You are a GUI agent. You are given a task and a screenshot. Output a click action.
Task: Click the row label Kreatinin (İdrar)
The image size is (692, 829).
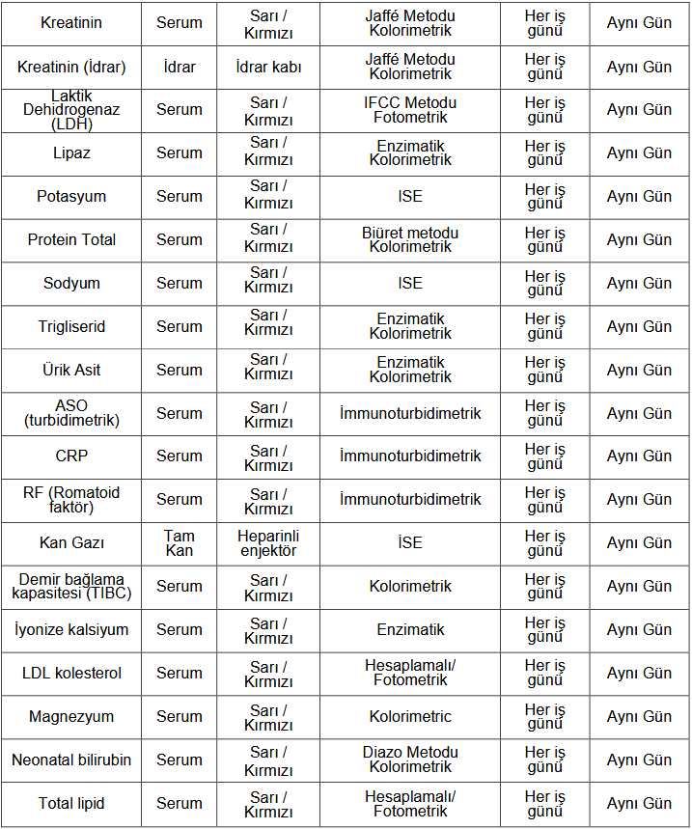[x=71, y=68]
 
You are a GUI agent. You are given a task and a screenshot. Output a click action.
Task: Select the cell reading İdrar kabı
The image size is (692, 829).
[x=268, y=68]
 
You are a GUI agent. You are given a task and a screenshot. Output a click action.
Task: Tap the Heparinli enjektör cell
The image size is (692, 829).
[x=268, y=543]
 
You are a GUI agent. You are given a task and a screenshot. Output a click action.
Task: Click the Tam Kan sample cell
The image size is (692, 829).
[x=179, y=543]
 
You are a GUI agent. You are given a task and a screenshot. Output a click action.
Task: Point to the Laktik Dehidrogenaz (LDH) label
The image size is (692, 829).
[x=71, y=110]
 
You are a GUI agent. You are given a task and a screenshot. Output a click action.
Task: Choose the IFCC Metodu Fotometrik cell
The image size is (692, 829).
[x=410, y=110]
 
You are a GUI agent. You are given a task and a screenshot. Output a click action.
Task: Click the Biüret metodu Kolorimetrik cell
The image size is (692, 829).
[x=410, y=240]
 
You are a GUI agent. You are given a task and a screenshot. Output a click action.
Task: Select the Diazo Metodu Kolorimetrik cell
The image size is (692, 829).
[x=410, y=760]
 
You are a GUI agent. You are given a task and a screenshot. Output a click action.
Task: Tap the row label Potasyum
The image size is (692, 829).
[x=71, y=197]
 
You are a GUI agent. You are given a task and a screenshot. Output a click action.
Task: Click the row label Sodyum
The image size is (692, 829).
[x=71, y=284]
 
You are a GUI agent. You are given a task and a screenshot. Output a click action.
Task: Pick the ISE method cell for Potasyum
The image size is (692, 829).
[x=410, y=197]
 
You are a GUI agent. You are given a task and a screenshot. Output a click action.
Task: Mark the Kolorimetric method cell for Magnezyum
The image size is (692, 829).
[x=410, y=717]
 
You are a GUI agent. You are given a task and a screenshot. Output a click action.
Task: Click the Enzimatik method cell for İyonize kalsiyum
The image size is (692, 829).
[x=410, y=630]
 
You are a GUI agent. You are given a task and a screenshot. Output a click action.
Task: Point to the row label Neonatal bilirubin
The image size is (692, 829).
[x=71, y=760]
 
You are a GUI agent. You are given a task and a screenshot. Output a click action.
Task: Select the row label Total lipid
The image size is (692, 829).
[x=71, y=804]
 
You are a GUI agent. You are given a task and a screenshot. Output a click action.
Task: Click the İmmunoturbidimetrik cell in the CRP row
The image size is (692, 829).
[x=410, y=456]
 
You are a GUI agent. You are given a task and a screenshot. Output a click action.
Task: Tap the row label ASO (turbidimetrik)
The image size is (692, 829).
[x=71, y=413]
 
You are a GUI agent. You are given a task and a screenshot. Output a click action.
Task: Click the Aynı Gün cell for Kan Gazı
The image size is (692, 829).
[x=639, y=543]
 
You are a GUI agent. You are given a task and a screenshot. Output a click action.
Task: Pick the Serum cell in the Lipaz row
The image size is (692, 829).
[x=179, y=153]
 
